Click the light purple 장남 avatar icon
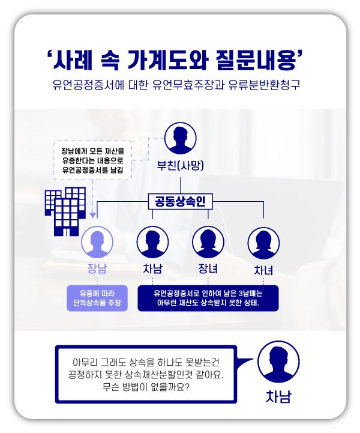pos(97,243)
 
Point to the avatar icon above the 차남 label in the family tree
pos(152,243)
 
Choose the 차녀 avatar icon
pos(263,244)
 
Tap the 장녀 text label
pos(208,268)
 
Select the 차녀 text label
pos(263,270)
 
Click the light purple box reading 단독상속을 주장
pos(97,298)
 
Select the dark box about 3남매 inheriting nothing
pos(208,298)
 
